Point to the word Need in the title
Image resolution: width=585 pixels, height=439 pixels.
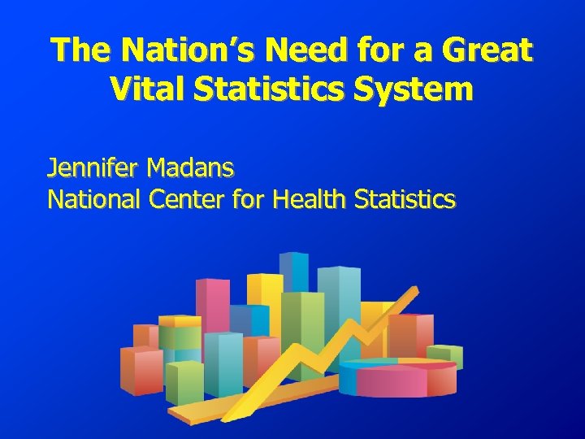pyautogui.click(x=297, y=50)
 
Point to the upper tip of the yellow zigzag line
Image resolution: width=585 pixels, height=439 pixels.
pyautogui.click(x=416, y=289)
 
